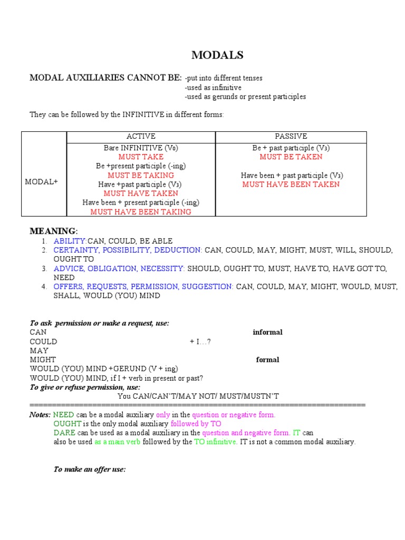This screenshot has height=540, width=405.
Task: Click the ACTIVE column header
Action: [x=141, y=137]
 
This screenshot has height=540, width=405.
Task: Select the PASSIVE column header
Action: [x=291, y=137]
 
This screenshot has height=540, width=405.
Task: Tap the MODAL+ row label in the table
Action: [x=42, y=181]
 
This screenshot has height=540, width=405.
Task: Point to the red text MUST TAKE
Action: [x=141, y=157]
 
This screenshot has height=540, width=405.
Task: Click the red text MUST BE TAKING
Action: [x=141, y=175]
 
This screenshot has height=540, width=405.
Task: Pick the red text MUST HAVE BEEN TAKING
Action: [x=141, y=212]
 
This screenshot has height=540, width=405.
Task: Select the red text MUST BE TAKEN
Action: [x=291, y=157]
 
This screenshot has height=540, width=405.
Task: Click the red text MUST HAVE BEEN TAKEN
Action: [x=291, y=184]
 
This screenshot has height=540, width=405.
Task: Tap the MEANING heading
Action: [x=53, y=232]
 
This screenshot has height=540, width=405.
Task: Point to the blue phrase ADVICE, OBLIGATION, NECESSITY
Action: [x=119, y=268]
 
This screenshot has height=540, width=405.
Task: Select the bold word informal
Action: [x=267, y=332]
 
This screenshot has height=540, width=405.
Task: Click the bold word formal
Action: [x=267, y=360]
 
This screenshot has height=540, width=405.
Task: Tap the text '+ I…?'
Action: [x=200, y=342]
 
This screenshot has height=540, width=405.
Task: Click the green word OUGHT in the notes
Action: [x=67, y=424]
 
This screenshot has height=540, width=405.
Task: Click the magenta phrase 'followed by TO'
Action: [x=196, y=424]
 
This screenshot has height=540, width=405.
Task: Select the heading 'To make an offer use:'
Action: [x=90, y=469]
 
